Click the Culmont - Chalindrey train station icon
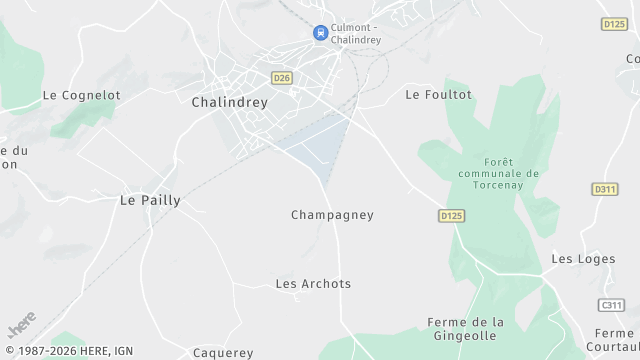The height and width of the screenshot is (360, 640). tap(321, 33)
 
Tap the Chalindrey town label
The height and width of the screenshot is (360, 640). tap(229, 102)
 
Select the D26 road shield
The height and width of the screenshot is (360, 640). tap(282, 76)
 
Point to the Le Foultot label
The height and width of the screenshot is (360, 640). tap(438, 94)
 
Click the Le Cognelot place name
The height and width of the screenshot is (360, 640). tap(81, 95)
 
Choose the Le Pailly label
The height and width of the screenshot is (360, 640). tap(150, 200)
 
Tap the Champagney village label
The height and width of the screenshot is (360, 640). tap(332, 215)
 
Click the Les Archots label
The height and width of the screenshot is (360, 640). tap(313, 284)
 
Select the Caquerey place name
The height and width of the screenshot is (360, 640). tap(223, 352)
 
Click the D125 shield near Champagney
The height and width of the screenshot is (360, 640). tap(452, 215)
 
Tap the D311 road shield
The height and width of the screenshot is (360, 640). tap(605, 189)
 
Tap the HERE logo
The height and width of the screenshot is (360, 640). tap(21, 324)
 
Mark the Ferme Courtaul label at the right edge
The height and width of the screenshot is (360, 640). tap(614, 340)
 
